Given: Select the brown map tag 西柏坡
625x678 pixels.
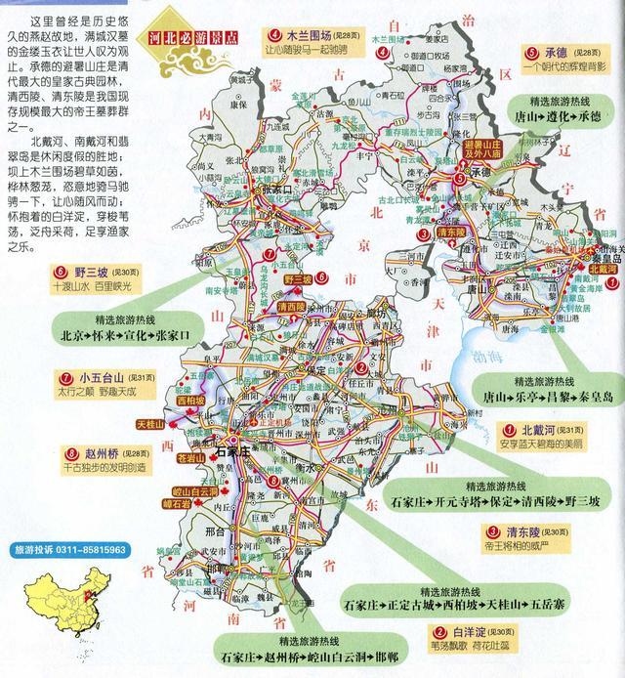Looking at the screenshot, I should click(190, 400).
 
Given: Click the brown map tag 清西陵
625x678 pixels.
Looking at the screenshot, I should click(291, 306).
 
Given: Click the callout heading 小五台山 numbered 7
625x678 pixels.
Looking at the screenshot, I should click(102, 379).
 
